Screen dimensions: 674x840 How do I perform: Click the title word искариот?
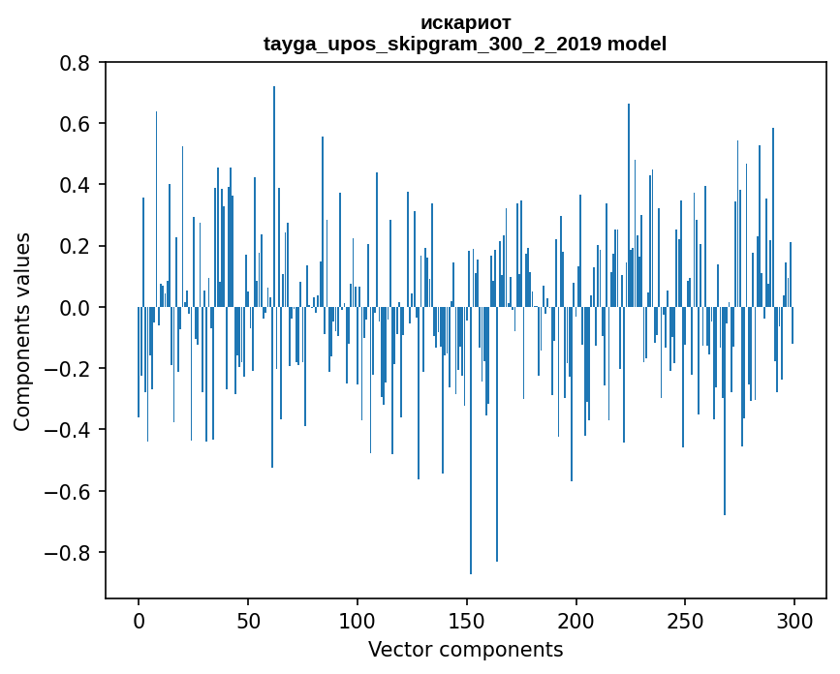(x=465, y=22)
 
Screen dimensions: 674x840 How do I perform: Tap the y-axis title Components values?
(x=21, y=332)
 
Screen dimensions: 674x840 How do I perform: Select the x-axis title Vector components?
(x=465, y=649)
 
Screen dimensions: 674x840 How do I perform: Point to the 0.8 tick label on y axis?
(x=75, y=63)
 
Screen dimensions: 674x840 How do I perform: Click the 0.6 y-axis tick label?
(x=75, y=124)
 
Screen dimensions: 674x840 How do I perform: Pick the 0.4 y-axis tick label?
(x=75, y=185)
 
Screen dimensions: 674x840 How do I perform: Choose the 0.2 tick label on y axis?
(x=75, y=246)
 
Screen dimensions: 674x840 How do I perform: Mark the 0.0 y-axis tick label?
(x=75, y=308)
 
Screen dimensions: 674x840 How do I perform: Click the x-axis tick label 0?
(x=139, y=620)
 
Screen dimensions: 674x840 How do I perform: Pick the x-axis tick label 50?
(x=248, y=620)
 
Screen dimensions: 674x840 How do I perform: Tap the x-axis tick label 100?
(x=358, y=620)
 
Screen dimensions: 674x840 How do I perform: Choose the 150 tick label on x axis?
(x=467, y=620)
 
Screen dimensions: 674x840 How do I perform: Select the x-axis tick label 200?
(x=576, y=620)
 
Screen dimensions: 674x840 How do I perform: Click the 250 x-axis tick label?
(x=686, y=620)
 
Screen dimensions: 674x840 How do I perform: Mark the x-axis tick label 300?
(x=795, y=620)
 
